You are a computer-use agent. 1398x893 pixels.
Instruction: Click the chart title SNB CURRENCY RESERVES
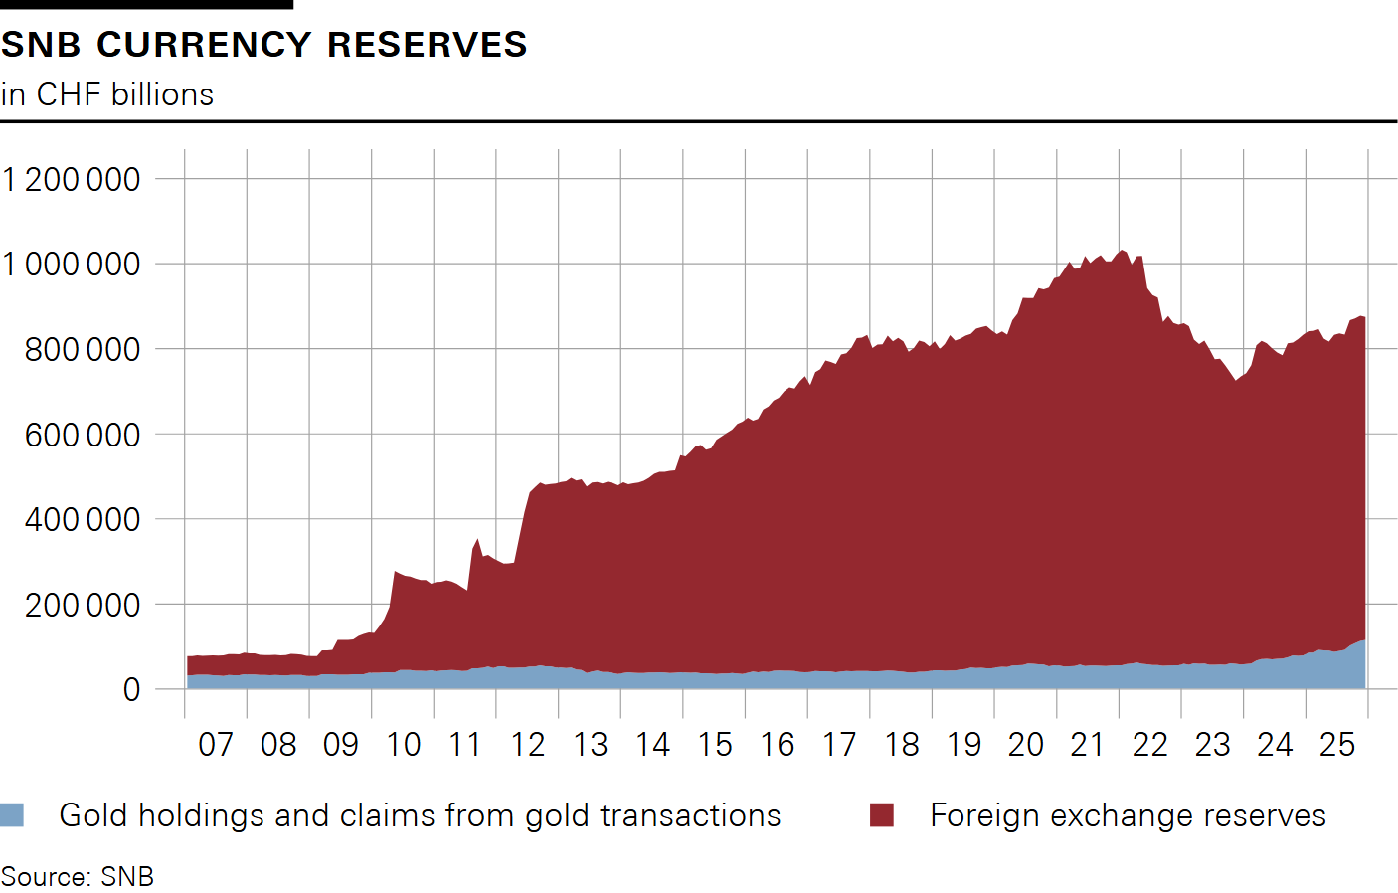[x=263, y=45]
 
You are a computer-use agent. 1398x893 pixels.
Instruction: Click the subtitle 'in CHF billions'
[x=107, y=94]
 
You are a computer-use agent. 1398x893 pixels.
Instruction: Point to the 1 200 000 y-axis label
[x=72, y=180]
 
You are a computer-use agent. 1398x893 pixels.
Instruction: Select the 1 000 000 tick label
[x=72, y=265]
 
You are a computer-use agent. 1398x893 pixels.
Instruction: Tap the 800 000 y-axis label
[x=84, y=350]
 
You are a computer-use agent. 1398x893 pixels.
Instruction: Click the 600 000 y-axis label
[x=84, y=435]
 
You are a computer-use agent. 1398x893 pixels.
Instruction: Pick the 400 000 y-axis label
[x=84, y=519]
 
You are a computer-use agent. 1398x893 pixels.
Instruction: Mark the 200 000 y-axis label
[x=84, y=605]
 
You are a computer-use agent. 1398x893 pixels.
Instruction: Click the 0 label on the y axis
[x=131, y=689]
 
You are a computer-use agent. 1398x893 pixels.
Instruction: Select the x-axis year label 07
[x=216, y=744]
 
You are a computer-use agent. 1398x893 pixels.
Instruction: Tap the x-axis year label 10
[x=403, y=744]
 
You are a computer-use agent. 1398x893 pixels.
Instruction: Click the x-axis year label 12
[x=528, y=744]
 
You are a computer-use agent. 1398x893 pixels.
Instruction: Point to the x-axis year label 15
[x=715, y=744]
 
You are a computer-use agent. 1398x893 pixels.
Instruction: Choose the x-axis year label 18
[x=902, y=744]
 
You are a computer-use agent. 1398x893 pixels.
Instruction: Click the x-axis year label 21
[x=1088, y=744]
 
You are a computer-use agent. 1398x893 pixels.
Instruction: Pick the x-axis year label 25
[x=1337, y=744]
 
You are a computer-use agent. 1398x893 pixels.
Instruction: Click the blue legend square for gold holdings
[x=12, y=815]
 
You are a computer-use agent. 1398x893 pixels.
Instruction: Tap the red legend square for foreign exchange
[x=882, y=815]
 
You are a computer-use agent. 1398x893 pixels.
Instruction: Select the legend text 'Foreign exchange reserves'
[x=1128, y=815]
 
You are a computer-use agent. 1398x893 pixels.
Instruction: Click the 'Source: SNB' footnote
[x=78, y=876]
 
